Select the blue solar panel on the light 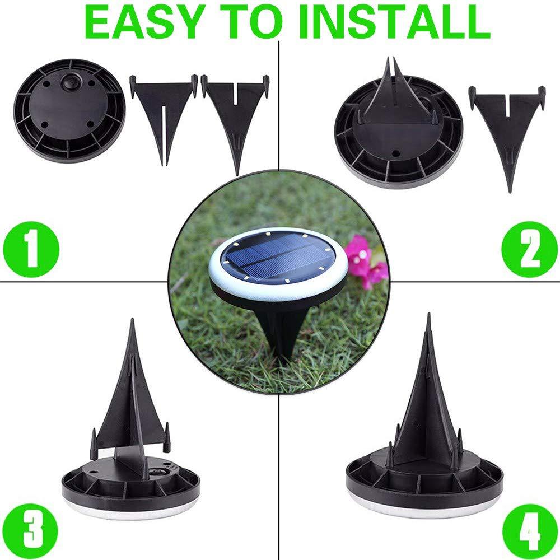(274, 254)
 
